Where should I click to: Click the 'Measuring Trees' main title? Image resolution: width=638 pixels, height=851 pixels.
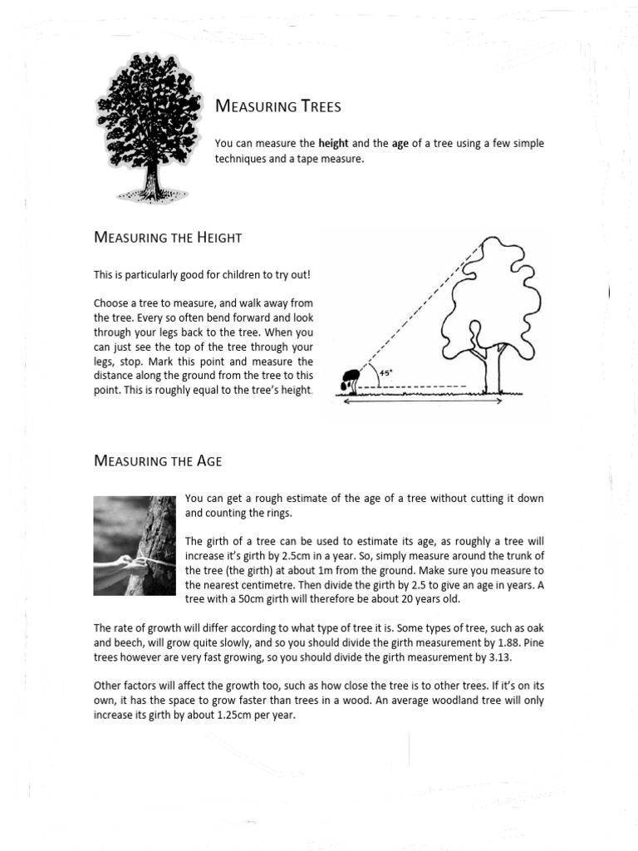(277, 106)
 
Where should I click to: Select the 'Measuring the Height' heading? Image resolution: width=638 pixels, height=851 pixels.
(168, 238)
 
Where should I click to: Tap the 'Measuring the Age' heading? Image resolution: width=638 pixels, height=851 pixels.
(158, 460)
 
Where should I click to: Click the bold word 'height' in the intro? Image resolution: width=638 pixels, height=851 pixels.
(332, 144)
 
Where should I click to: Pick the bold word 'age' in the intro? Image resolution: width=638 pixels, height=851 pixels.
(401, 144)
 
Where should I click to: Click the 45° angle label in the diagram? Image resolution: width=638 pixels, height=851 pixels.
(385, 374)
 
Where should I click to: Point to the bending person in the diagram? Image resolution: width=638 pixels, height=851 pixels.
(351, 379)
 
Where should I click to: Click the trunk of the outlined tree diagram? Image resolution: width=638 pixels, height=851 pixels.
(498, 371)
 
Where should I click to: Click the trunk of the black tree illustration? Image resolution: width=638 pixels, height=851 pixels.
(152, 179)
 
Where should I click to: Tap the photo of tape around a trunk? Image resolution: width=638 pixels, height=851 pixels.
(135, 543)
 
